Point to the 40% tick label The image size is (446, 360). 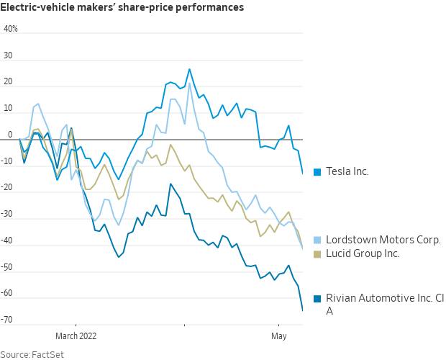11,30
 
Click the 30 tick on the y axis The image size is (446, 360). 9,56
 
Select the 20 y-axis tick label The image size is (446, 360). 9,82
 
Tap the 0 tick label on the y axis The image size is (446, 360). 10,135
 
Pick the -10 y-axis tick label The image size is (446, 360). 9,161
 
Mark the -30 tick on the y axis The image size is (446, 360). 9,214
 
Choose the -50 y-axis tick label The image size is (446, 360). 9,267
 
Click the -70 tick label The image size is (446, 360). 9,320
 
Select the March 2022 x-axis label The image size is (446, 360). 76,336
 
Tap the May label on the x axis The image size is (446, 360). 278,336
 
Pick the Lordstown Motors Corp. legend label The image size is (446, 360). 383,240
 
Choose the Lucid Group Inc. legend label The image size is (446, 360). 363,253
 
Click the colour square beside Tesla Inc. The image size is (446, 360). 317,171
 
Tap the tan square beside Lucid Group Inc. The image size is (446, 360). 317,253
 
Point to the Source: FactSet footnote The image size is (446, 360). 30,354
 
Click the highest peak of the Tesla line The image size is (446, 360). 189,70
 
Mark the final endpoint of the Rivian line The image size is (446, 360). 302,311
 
